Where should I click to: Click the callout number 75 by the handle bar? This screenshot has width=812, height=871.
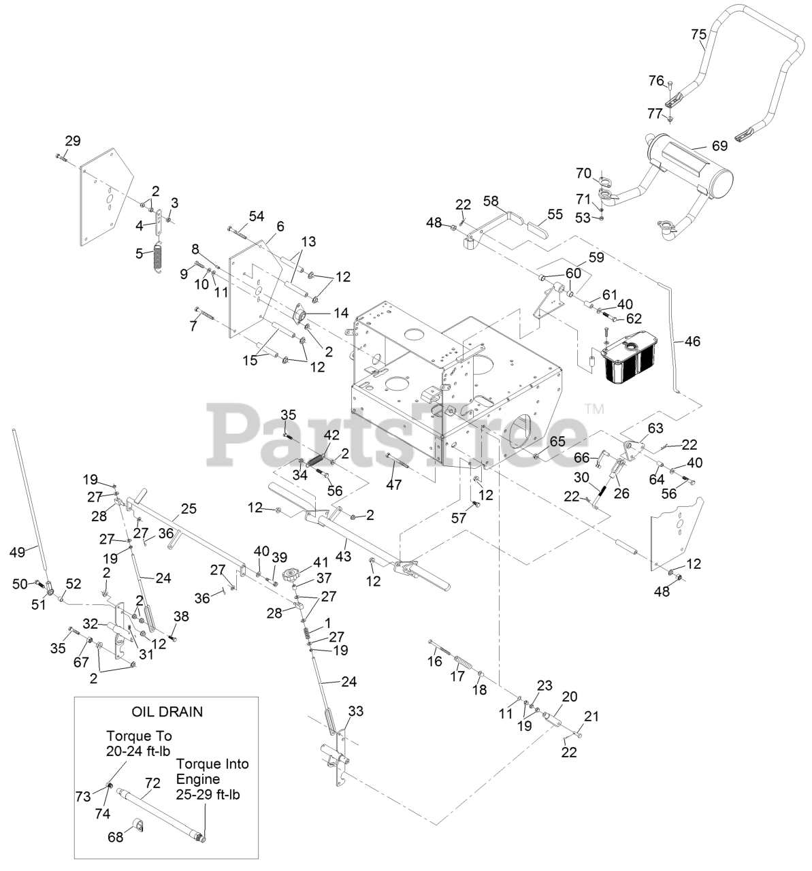click(x=699, y=34)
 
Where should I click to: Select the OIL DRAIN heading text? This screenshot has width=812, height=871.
click(x=167, y=712)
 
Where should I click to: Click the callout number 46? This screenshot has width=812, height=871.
click(x=692, y=342)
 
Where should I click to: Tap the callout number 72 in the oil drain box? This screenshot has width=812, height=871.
click(x=152, y=783)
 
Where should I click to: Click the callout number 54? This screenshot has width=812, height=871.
click(x=256, y=216)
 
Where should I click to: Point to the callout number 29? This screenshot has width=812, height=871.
click(x=72, y=141)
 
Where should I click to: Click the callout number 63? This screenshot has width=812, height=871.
click(x=655, y=428)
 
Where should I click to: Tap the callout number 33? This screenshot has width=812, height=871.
click(x=355, y=711)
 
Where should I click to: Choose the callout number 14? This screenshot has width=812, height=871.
click(x=340, y=313)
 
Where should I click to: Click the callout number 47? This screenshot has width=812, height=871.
click(x=394, y=484)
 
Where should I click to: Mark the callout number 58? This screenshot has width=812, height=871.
click(x=491, y=201)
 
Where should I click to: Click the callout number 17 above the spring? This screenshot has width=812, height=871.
click(x=457, y=676)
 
